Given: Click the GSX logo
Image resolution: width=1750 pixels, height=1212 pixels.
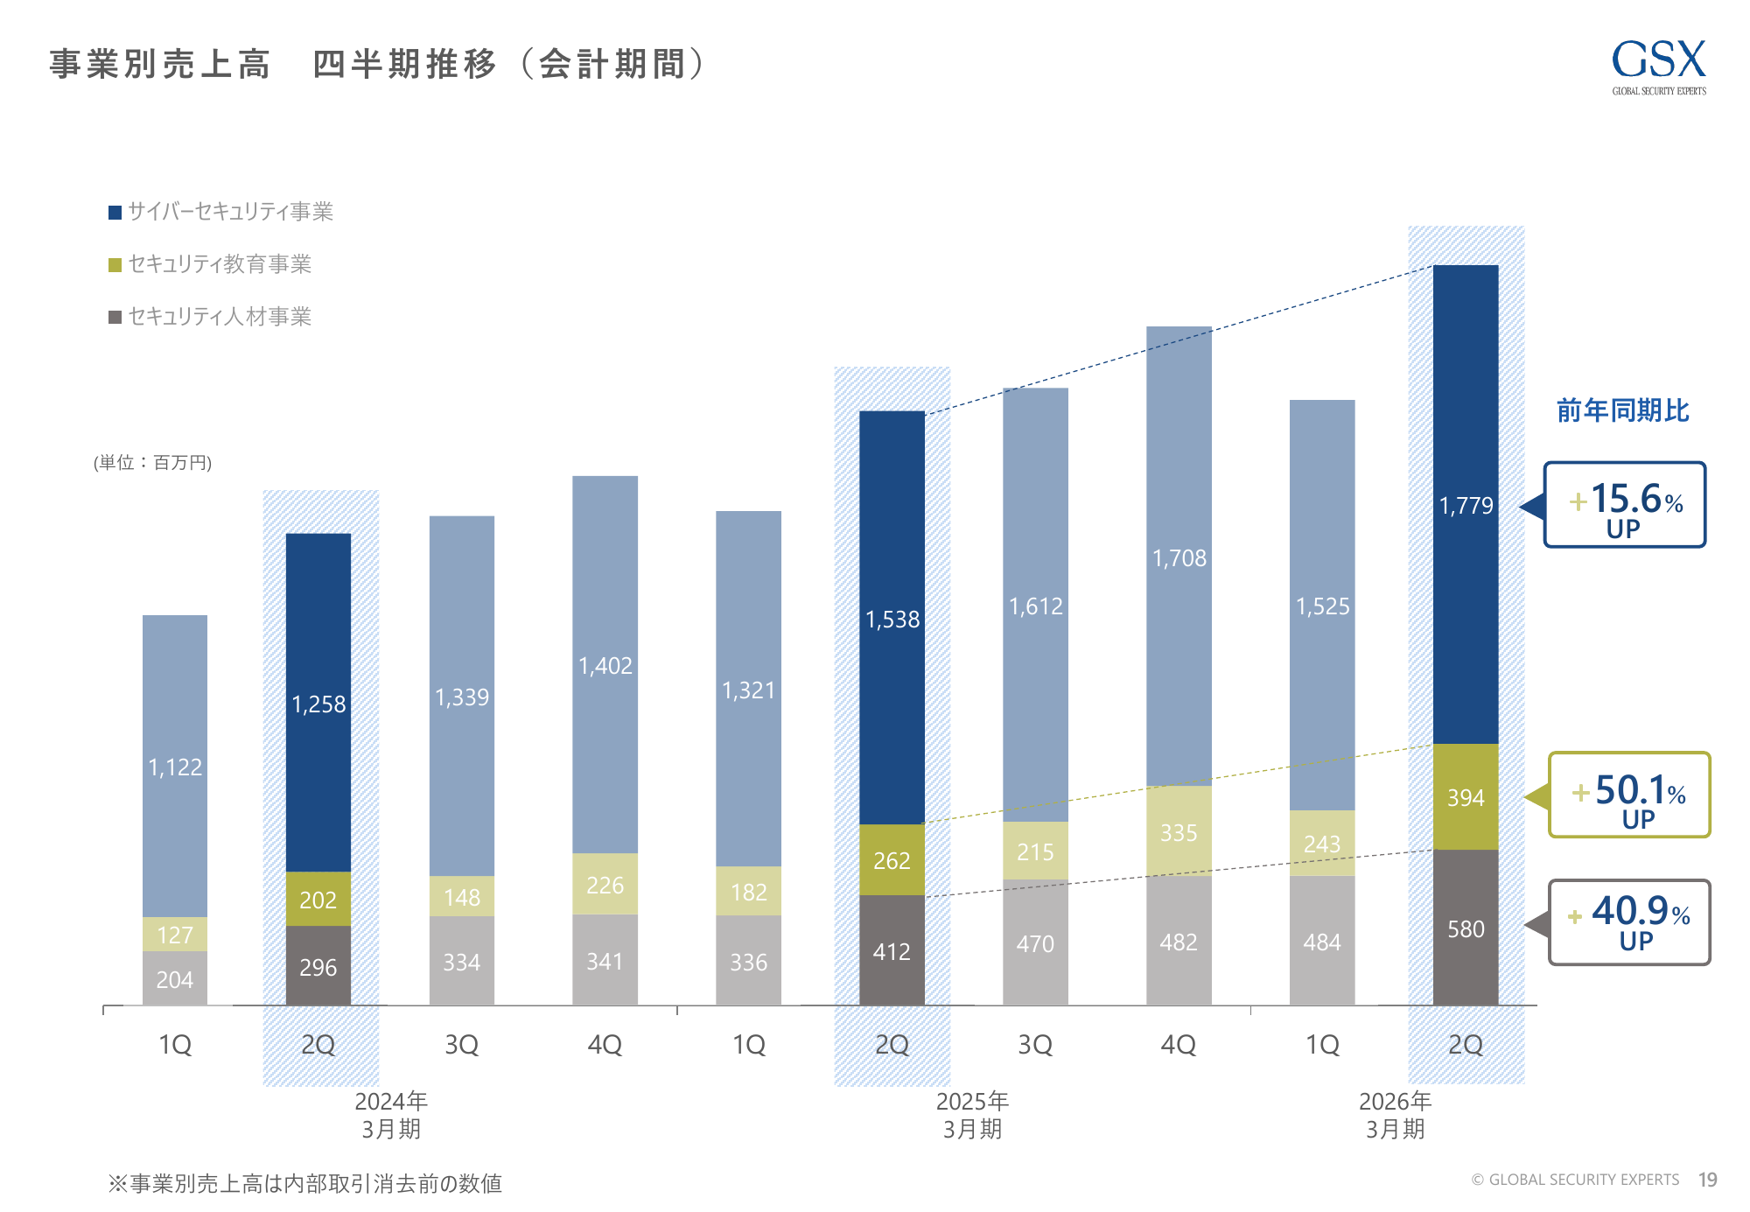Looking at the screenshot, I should (x=1658, y=66).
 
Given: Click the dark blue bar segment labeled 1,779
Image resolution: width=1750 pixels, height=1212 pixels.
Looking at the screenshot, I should (x=1466, y=504).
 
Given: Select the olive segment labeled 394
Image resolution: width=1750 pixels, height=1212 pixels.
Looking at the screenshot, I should (x=1466, y=797).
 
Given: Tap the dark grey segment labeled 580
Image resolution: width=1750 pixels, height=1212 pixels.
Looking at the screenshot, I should (x=1466, y=928).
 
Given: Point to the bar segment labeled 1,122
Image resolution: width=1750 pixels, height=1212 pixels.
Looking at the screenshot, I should (x=175, y=767).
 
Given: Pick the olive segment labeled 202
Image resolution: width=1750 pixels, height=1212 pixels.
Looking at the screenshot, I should (x=318, y=899).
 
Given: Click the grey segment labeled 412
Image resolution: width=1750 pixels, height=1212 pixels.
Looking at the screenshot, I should (x=892, y=951).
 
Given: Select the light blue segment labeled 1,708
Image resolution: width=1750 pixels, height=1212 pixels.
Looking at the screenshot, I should (x=1179, y=557).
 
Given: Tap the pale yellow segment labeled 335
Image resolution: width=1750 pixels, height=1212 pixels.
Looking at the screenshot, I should (x=1179, y=832).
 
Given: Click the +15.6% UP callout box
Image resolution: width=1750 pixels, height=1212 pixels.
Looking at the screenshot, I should (x=1625, y=505).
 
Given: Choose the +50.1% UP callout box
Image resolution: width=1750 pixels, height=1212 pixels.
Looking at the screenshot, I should (x=1629, y=795).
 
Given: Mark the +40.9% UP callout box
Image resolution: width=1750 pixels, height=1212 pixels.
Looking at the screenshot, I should (x=1629, y=923).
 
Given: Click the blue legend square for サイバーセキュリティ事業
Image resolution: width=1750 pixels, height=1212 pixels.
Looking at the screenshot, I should (x=115, y=213).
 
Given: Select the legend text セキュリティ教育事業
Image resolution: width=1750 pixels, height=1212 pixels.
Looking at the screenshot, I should (x=220, y=264).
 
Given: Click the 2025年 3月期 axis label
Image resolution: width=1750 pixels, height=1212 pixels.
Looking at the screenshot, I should (x=972, y=1115).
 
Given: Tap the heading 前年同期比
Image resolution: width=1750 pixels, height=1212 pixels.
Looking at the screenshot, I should (x=1622, y=410).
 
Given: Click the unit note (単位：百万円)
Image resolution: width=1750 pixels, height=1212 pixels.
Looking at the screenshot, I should (x=153, y=463).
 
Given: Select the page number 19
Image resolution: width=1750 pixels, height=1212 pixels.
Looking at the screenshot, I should (x=1707, y=1180).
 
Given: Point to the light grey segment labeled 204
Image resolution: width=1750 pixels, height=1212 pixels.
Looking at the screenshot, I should (x=175, y=979).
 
